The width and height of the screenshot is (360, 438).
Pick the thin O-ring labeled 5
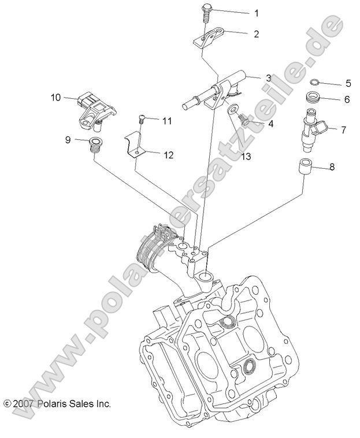coord(315,83)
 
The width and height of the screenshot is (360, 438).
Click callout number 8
coord(332,168)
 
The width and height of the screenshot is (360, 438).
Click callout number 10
coord(55,98)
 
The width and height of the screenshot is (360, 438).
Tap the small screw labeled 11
coord(141,120)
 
